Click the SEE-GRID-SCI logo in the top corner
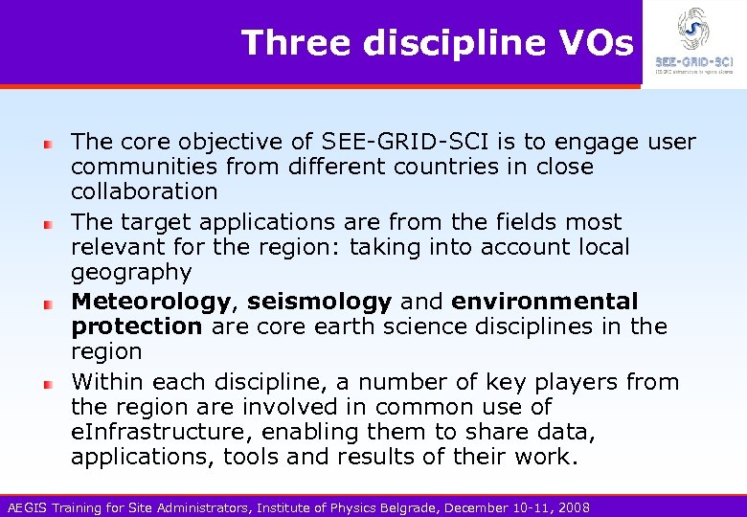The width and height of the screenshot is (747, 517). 692,43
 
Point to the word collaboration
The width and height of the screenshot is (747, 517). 145,191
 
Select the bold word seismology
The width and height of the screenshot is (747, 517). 320,302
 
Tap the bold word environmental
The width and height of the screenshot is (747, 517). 544,302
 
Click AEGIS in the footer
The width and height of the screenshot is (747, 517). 24,507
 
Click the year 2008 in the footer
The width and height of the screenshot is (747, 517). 573,507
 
